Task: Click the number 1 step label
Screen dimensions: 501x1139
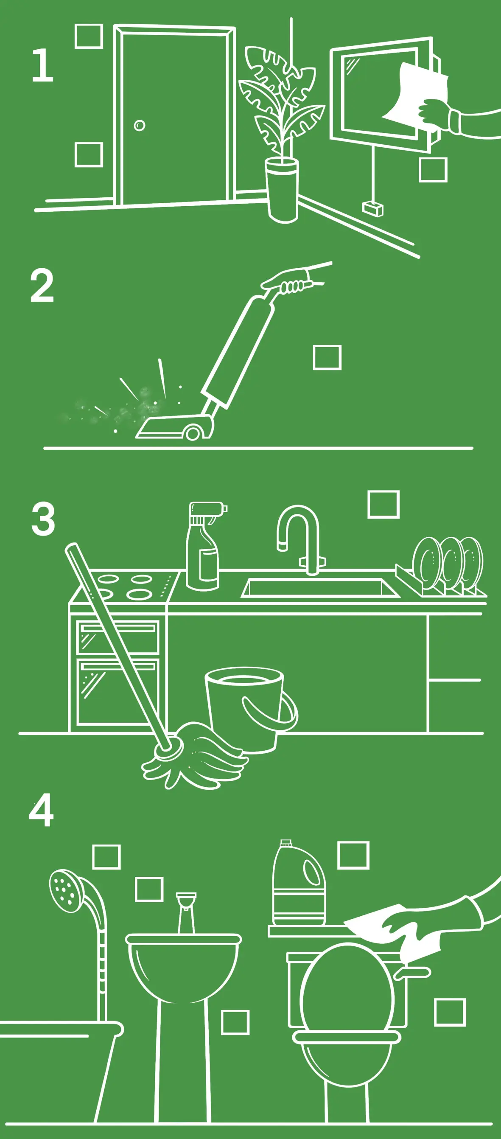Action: click(x=43, y=65)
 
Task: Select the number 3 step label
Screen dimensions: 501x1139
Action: click(x=43, y=518)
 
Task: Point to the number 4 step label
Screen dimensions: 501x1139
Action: click(x=41, y=810)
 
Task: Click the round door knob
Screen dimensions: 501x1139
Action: click(x=139, y=126)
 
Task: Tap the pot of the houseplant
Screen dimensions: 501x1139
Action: click(x=282, y=190)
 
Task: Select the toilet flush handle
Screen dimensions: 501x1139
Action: click(x=411, y=973)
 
